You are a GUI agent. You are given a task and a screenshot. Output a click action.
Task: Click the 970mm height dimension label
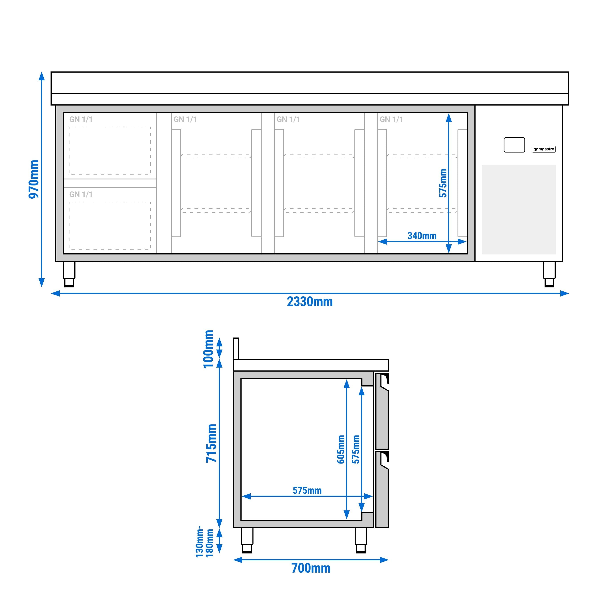pyautogui.click(x=34, y=179)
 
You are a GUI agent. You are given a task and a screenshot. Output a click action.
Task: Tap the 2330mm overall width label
pyautogui.click(x=310, y=302)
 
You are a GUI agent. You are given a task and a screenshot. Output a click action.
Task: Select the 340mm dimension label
pyautogui.click(x=422, y=236)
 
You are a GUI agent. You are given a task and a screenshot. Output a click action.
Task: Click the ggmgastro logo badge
pyautogui.click(x=544, y=149)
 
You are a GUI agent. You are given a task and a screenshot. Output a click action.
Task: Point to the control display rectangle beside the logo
pyautogui.click(x=514, y=145)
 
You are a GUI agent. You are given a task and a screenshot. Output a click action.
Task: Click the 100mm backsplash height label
pyautogui.click(x=208, y=349)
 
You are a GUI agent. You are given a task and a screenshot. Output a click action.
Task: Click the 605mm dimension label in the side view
pyautogui.click(x=341, y=449)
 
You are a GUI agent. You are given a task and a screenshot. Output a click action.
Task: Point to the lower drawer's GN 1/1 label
pyautogui.click(x=81, y=195)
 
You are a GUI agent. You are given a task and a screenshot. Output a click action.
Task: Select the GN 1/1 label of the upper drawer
pyautogui.click(x=81, y=120)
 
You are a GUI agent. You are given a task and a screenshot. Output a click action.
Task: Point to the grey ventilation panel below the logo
pyautogui.click(x=519, y=209)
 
